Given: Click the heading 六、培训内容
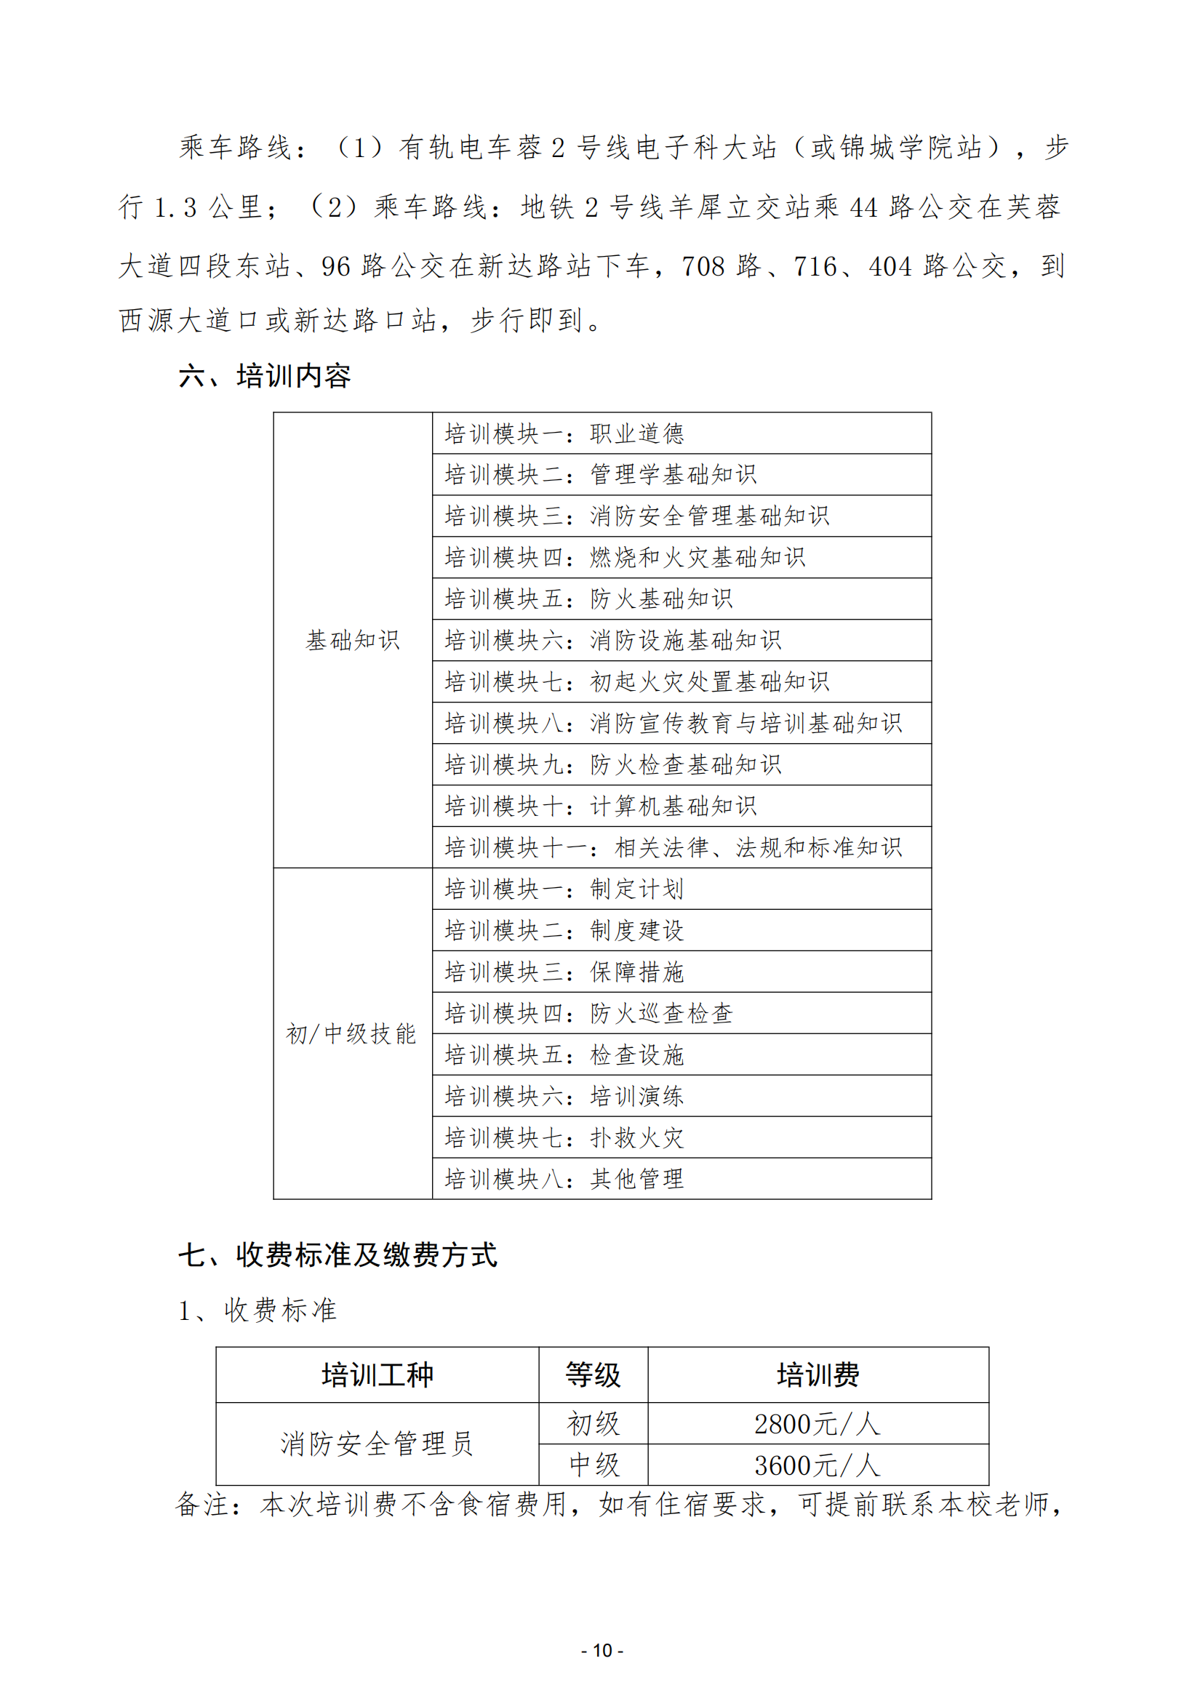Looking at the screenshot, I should [x=265, y=377].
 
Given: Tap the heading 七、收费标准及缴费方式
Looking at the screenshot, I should [x=337, y=1255].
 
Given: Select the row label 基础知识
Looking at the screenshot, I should [x=353, y=640].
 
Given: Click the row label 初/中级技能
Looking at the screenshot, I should [x=352, y=1033].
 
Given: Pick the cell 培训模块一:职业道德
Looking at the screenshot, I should [x=564, y=433].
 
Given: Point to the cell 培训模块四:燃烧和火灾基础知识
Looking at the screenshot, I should [x=625, y=557].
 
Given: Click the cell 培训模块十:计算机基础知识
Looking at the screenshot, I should [x=600, y=806].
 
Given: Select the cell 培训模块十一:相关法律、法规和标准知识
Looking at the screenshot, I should [x=673, y=847].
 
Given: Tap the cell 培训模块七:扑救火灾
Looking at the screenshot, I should [x=564, y=1137].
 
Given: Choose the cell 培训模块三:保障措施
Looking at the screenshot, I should [x=564, y=972].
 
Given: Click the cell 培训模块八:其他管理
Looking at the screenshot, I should [x=564, y=1179].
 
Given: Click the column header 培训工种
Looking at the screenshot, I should [x=377, y=1375].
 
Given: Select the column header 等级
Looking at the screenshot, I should [x=593, y=1375].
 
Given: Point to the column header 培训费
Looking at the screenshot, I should [x=818, y=1375].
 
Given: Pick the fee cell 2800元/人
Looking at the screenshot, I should [x=817, y=1424].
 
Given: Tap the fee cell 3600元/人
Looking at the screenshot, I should [x=817, y=1465].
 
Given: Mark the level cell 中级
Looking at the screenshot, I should [x=593, y=1465].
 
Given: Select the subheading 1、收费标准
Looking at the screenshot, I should [x=257, y=1310].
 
